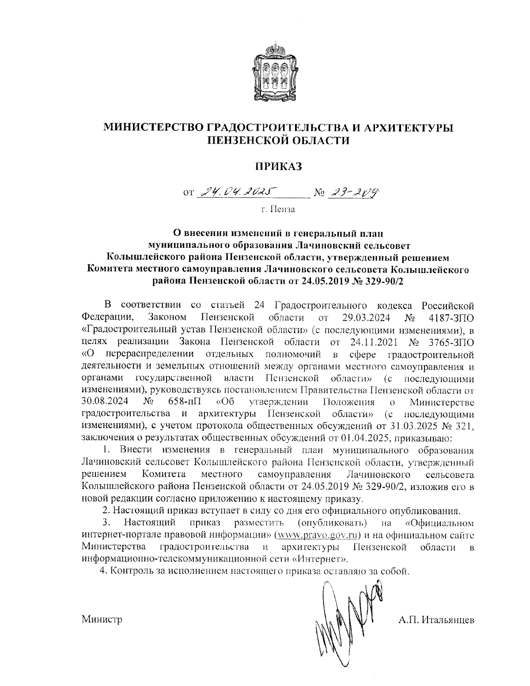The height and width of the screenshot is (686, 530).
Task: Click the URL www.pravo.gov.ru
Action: coord(315,536)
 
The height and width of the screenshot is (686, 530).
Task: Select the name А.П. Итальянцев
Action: coord(435,620)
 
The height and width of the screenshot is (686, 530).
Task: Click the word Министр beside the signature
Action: coord(102,620)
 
